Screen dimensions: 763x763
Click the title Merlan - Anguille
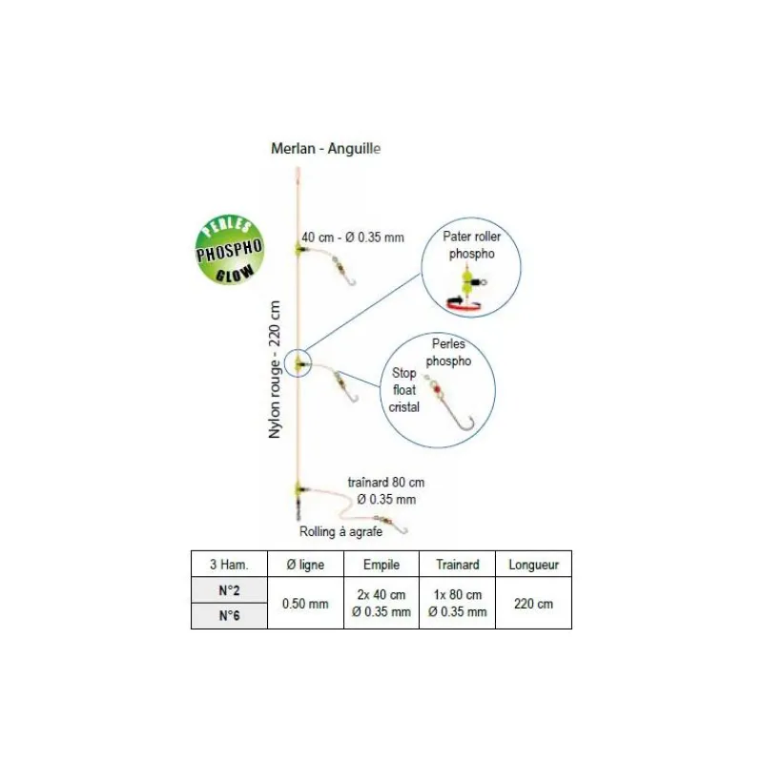click(325, 149)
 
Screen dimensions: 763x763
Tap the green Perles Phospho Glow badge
click(229, 249)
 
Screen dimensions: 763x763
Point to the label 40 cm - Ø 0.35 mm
click(353, 237)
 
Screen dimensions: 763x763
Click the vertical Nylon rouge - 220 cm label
click(275, 369)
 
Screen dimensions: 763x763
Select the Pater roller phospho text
click(471, 245)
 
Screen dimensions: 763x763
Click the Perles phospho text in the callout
click(448, 352)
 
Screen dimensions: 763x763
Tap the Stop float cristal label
click(403, 390)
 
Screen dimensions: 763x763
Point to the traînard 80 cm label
click(386, 483)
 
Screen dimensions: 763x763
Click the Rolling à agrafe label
click(340, 532)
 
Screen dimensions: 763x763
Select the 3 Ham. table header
click(229, 565)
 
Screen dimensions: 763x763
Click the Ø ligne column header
click(305, 565)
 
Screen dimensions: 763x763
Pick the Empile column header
click(381, 565)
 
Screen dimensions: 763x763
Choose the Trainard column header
click(458, 565)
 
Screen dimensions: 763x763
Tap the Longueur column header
click(534, 565)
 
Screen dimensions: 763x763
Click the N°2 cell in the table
click(229, 590)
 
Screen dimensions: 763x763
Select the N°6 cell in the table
click(229, 615)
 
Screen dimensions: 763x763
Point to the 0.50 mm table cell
click(305, 604)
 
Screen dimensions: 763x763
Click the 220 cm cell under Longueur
click(534, 604)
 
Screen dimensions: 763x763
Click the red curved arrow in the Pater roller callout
click(464, 305)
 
